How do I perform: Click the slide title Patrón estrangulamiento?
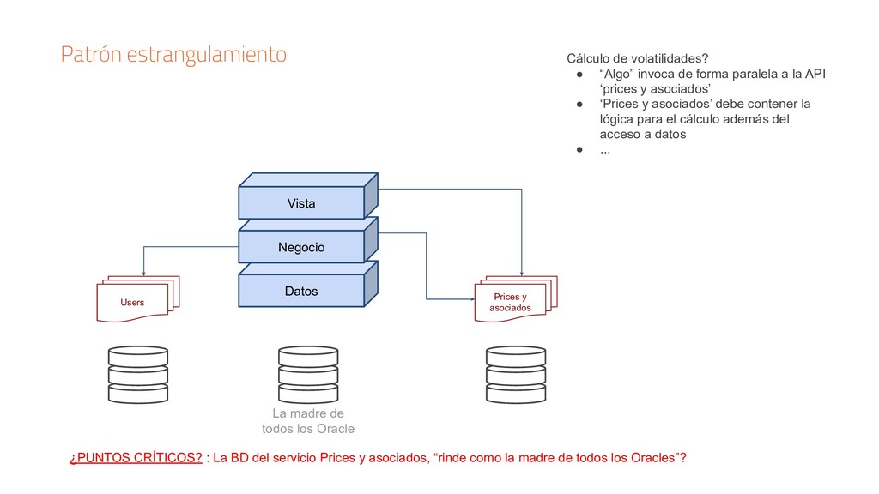pyautogui.click(x=173, y=55)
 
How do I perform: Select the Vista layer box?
pyautogui.click(x=300, y=203)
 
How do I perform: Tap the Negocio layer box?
pyautogui.click(x=300, y=247)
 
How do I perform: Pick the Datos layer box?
pyautogui.click(x=300, y=292)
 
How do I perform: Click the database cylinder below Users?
pyautogui.click(x=137, y=375)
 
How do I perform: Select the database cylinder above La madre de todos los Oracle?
pyautogui.click(x=307, y=375)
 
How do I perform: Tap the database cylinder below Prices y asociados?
pyautogui.click(x=515, y=375)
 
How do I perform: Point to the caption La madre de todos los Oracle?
pyautogui.click(x=307, y=420)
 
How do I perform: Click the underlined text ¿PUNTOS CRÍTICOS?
pyautogui.click(x=136, y=457)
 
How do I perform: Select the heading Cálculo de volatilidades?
pyautogui.click(x=637, y=58)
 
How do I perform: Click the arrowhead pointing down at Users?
pyautogui.click(x=143, y=271)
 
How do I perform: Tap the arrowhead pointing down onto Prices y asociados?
pyautogui.click(x=522, y=272)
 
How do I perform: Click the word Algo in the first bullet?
pyautogui.click(x=614, y=74)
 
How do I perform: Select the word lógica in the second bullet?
pyautogui.click(x=617, y=119)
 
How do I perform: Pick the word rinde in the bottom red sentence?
pyautogui.click(x=456, y=457)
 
